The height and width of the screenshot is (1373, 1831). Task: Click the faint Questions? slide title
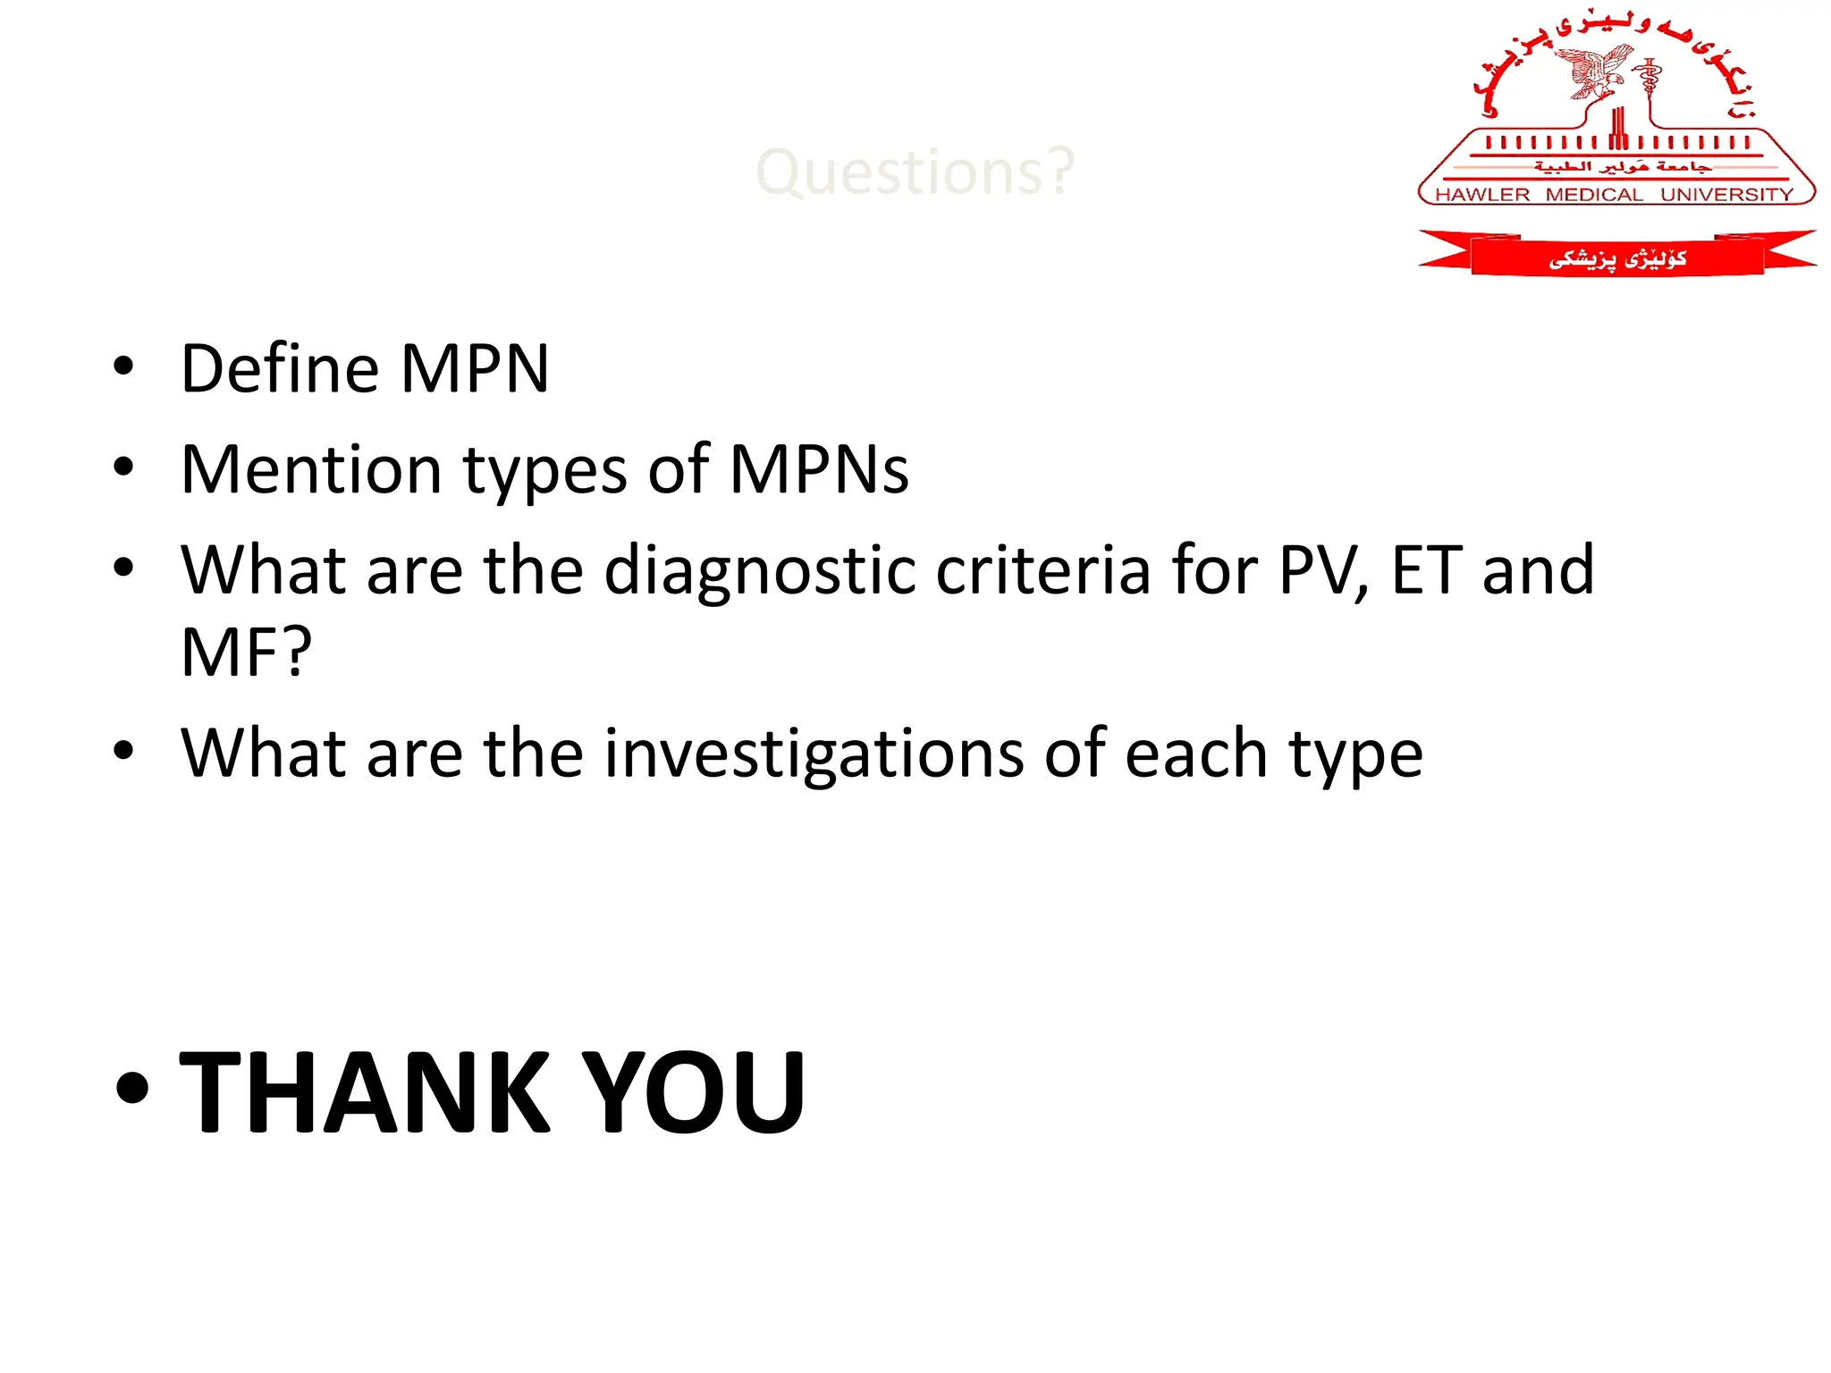tap(915, 172)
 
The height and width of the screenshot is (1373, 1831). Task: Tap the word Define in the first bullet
tap(280, 368)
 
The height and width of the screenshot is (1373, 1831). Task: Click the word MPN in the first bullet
tap(475, 368)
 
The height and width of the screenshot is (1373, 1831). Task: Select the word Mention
tap(311, 469)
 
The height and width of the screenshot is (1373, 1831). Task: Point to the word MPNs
tap(819, 469)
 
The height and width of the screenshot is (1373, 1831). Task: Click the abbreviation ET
tap(1427, 570)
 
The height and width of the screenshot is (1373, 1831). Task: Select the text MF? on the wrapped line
tap(247, 653)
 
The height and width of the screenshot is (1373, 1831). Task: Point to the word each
tap(1196, 754)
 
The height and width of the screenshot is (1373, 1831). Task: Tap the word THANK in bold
tap(365, 1092)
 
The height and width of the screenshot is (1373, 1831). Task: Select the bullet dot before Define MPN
tap(124, 366)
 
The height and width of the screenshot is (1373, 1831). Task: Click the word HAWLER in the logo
tap(1482, 195)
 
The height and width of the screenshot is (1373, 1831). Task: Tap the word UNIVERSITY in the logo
tap(1726, 195)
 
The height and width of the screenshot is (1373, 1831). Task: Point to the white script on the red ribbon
tap(1617, 259)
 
